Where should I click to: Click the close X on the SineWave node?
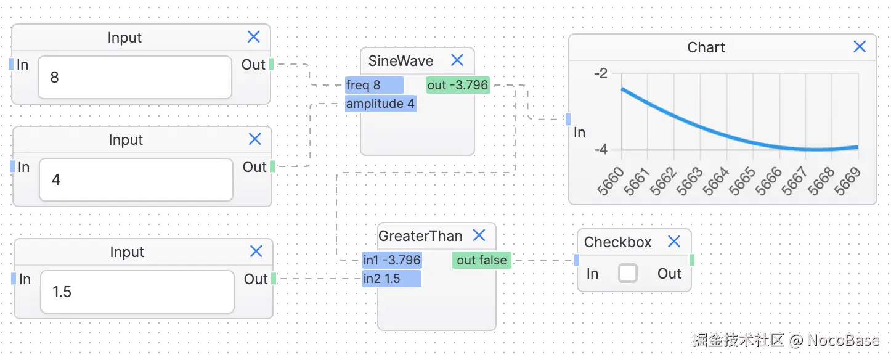(x=457, y=60)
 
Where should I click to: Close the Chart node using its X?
(x=860, y=46)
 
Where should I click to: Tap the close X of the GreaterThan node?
(x=479, y=235)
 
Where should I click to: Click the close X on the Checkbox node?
(x=674, y=241)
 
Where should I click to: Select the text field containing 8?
(x=134, y=78)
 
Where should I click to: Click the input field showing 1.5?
(x=137, y=292)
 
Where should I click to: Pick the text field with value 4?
(x=136, y=180)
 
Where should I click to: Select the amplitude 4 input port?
(x=380, y=104)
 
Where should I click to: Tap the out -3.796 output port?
(x=458, y=85)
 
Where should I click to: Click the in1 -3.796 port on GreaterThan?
(x=392, y=260)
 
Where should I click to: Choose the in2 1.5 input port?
(x=392, y=279)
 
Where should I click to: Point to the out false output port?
(x=482, y=260)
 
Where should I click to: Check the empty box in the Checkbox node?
(x=627, y=273)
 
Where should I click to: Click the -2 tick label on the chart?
(x=600, y=73)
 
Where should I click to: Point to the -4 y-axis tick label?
(x=600, y=150)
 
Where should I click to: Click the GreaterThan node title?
(x=420, y=235)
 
